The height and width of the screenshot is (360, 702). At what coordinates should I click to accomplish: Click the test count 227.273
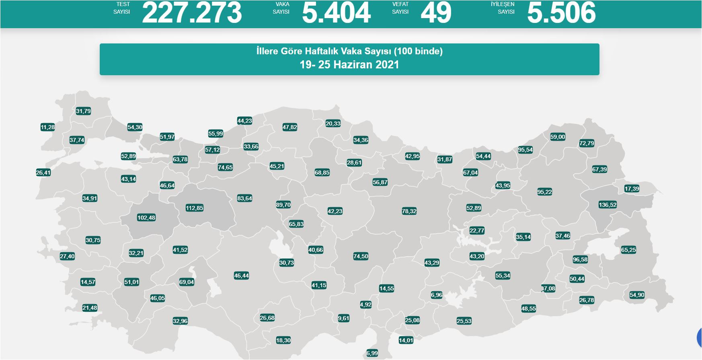pos(192,13)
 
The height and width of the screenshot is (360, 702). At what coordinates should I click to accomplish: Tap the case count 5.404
pos(336,13)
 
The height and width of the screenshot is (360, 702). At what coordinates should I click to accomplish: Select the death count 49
pos(436,13)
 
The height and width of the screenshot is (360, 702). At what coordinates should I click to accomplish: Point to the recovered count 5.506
pos(561,13)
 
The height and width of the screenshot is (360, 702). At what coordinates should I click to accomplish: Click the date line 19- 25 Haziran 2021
pos(349,65)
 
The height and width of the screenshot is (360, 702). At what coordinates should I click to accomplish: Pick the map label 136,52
pos(608,205)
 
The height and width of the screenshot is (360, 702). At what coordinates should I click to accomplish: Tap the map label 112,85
pos(195,208)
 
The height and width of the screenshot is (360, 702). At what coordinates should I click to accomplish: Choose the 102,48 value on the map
pos(146,218)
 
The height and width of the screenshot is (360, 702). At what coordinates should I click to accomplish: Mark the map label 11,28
pos(47,127)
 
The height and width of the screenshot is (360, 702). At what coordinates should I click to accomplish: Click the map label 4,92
pos(366,304)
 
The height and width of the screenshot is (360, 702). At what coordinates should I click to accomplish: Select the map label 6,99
pos(372,353)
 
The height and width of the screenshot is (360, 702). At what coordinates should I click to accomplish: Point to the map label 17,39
pos(632,189)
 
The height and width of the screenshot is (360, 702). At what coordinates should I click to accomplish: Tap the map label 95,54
pos(525,150)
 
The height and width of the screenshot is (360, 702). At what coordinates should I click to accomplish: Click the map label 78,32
pos(409,211)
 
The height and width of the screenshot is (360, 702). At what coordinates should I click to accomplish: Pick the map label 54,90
pos(637,295)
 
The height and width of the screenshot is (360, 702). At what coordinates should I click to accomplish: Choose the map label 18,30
pos(283,340)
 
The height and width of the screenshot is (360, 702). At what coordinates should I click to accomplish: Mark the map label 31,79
pos(83,111)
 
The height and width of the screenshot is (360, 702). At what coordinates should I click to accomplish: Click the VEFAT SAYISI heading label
pos(400,8)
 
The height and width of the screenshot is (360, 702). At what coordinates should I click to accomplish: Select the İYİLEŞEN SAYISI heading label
pos(503,8)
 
